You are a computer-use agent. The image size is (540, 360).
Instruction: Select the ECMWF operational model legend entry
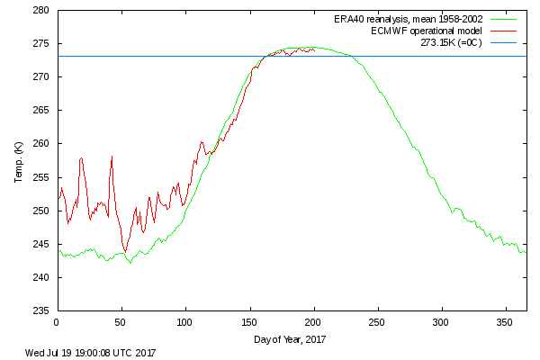(415, 30)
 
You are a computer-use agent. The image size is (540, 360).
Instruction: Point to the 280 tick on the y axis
(41, 11)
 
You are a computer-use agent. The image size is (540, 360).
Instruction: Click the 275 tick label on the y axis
(41, 44)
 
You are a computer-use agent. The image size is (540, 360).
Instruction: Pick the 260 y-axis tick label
(41, 144)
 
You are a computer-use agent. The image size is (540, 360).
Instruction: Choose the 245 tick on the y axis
(41, 244)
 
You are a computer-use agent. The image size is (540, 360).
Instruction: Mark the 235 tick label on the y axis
(41, 310)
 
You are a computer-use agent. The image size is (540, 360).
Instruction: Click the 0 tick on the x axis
(57, 321)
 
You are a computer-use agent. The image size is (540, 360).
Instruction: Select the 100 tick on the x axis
(185, 321)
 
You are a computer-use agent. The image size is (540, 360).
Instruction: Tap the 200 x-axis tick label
(314, 321)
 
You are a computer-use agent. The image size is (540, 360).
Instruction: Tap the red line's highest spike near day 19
(81, 158)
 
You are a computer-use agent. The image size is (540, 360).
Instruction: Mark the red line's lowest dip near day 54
(126, 251)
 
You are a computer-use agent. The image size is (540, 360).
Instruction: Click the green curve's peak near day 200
(311, 47)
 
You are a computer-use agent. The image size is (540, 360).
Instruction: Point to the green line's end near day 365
(526, 251)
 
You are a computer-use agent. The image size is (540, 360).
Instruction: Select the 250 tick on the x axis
(378, 321)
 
